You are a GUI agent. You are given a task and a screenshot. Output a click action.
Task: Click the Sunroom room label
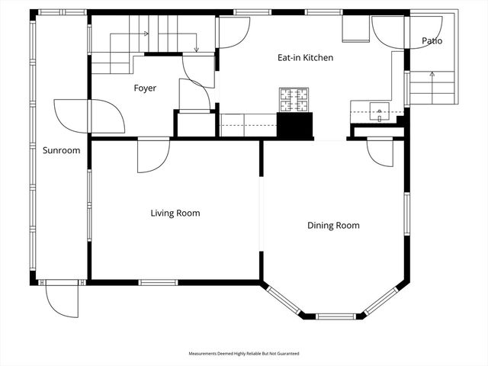point(61,150)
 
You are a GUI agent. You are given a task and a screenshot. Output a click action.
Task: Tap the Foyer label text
point(145,88)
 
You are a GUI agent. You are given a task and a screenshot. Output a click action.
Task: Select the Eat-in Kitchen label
point(304,58)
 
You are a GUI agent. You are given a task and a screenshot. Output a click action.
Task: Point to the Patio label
point(432,40)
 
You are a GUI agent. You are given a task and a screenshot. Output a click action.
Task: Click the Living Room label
point(175,213)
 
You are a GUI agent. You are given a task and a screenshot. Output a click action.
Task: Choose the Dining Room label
point(333,226)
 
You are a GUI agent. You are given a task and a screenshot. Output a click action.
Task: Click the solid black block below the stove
point(294,125)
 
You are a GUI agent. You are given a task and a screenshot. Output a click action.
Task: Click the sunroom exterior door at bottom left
point(61,299)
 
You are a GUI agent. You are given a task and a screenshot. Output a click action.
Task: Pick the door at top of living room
point(152,156)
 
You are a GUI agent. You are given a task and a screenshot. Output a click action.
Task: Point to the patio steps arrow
point(432,75)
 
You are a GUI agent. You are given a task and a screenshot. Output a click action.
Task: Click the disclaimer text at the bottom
point(244,354)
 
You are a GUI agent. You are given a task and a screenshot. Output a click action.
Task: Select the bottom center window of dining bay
point(335,316)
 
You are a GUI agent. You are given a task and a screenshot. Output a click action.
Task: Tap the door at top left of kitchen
point(233,32)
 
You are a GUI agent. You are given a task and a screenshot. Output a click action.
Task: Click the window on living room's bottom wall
point(158,283)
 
